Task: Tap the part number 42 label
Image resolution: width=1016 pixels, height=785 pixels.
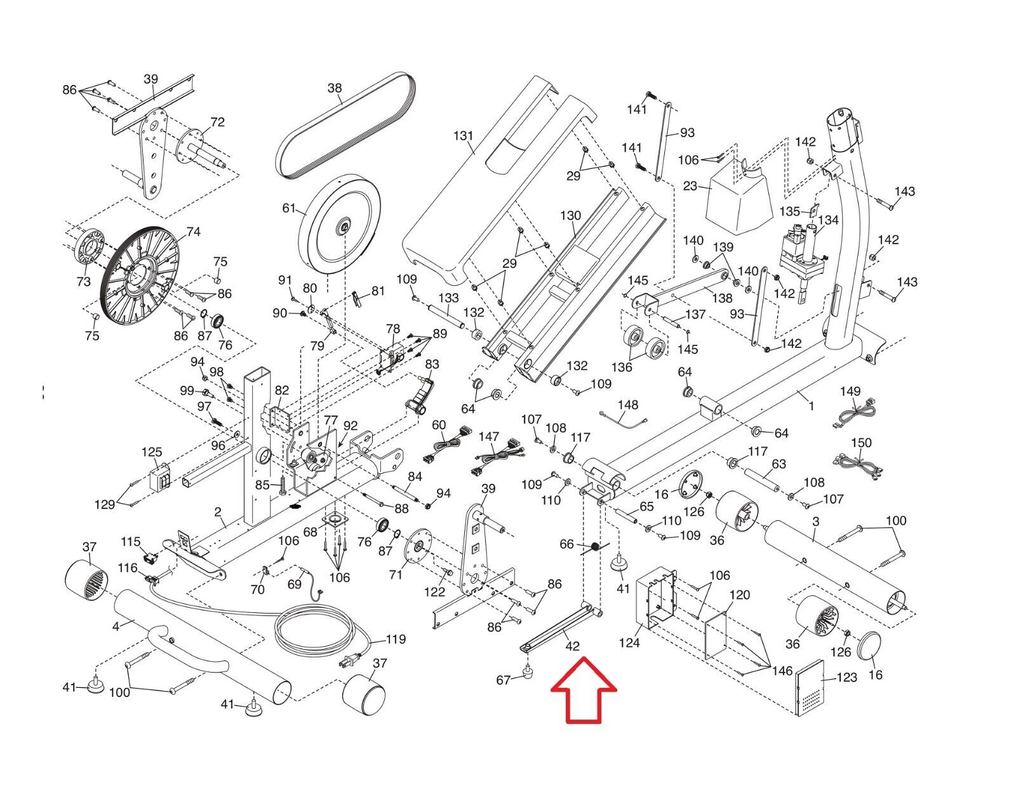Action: (x=572, y=646)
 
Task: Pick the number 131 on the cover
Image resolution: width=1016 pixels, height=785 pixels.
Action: (x=464, y=135)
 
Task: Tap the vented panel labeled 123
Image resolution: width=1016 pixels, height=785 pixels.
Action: (x=810, y=687)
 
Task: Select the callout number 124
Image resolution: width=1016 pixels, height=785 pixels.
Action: (x=629, y=643)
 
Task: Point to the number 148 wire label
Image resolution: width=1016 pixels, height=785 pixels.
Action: (x=627, y=405)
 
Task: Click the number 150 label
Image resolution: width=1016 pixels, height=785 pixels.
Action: (x=861, y=443)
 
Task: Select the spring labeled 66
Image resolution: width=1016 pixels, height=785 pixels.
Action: (x=596, y=547)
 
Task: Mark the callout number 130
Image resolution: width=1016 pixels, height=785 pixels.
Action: (x=570, y=215)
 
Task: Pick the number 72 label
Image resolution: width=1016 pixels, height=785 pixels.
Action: (x=217, y=122)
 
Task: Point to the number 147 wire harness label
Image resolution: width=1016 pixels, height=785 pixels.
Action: (x=489, y=436)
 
